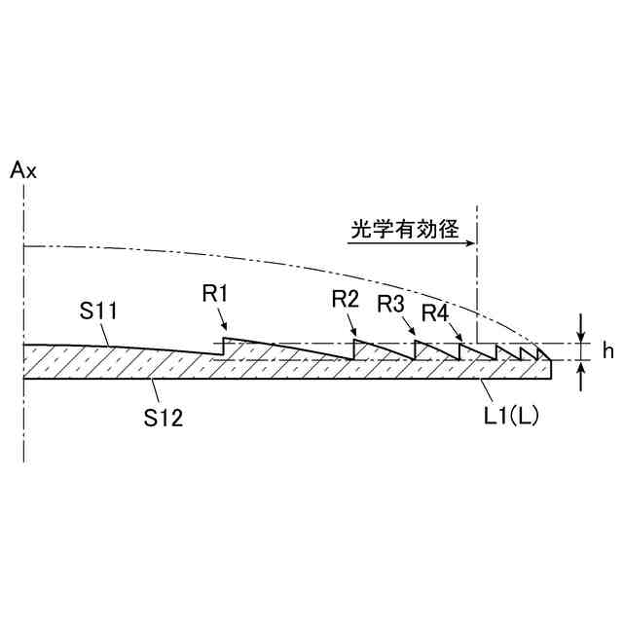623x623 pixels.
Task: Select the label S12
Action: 164,418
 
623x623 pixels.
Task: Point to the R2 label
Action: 346,300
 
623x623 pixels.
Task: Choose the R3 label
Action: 392,303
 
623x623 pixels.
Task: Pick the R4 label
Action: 435,312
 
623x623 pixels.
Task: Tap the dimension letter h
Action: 606,352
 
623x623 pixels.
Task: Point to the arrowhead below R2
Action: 354,334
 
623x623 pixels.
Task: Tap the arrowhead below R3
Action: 413,336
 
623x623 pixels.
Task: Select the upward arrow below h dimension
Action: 581,373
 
